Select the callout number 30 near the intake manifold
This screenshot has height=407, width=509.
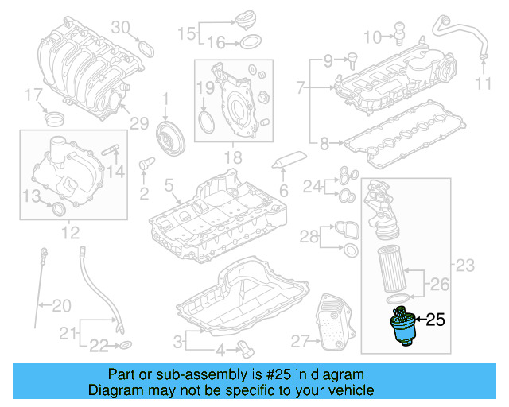119,28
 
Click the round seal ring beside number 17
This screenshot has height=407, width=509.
56,120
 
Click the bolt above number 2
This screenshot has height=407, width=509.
144,165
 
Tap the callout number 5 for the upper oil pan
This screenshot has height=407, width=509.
169,186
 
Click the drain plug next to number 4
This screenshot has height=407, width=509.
245,347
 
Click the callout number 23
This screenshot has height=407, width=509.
464,264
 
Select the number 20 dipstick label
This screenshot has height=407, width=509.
61,305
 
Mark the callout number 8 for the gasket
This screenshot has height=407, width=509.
324,143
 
